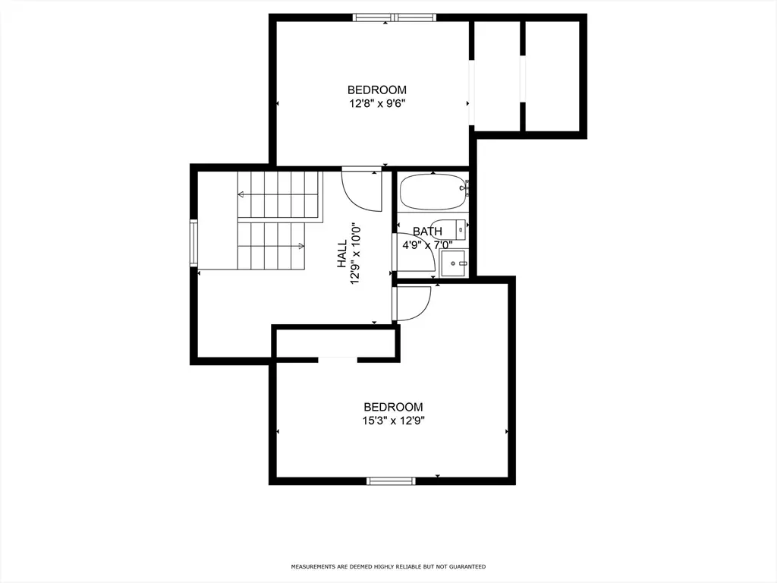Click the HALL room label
342,254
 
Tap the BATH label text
427,232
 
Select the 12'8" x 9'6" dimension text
377,103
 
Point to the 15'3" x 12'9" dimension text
394,421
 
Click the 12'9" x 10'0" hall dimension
355,254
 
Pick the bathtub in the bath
433,192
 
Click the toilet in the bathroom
448,229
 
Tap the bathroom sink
454,263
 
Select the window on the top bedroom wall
395,18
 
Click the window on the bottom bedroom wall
391,481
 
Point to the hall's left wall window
193,243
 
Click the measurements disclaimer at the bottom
388,566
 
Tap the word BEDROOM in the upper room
377,90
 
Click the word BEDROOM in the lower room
394,407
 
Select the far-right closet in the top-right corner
552,77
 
